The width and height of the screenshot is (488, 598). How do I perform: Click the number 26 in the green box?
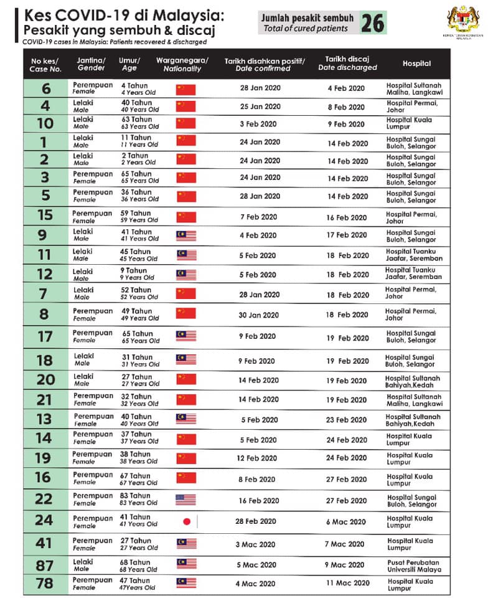pyautogui.click(x=372, y=23)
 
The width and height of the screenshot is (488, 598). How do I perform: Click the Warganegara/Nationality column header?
pyautogui.click(x=182, y=64)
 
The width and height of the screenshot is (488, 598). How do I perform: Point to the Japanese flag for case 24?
pyautogui.click(x=185, y=522)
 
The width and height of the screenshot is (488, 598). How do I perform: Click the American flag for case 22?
pyautogui.click(x=185, y=500)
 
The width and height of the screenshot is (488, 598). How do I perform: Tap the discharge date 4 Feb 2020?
pyautogui.click(x=346, y=88)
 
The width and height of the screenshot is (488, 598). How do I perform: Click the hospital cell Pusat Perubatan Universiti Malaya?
pyautogui.click(x=413, y=565)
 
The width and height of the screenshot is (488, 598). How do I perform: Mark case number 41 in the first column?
pyautogui.click(x=44, y=543)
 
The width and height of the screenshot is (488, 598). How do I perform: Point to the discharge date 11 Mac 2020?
pyautogui.click(x=347, y=583)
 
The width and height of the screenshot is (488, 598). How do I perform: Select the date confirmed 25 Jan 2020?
pyautogui.click(x=260, y=107)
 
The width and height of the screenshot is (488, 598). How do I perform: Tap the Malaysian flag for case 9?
pyautogui.click(x=185, y=235)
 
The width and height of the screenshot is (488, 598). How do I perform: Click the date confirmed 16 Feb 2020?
pyautogui.click(x=260, y=500)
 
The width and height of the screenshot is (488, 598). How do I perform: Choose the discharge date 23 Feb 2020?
pyautogui.click(x=347, y=420)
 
